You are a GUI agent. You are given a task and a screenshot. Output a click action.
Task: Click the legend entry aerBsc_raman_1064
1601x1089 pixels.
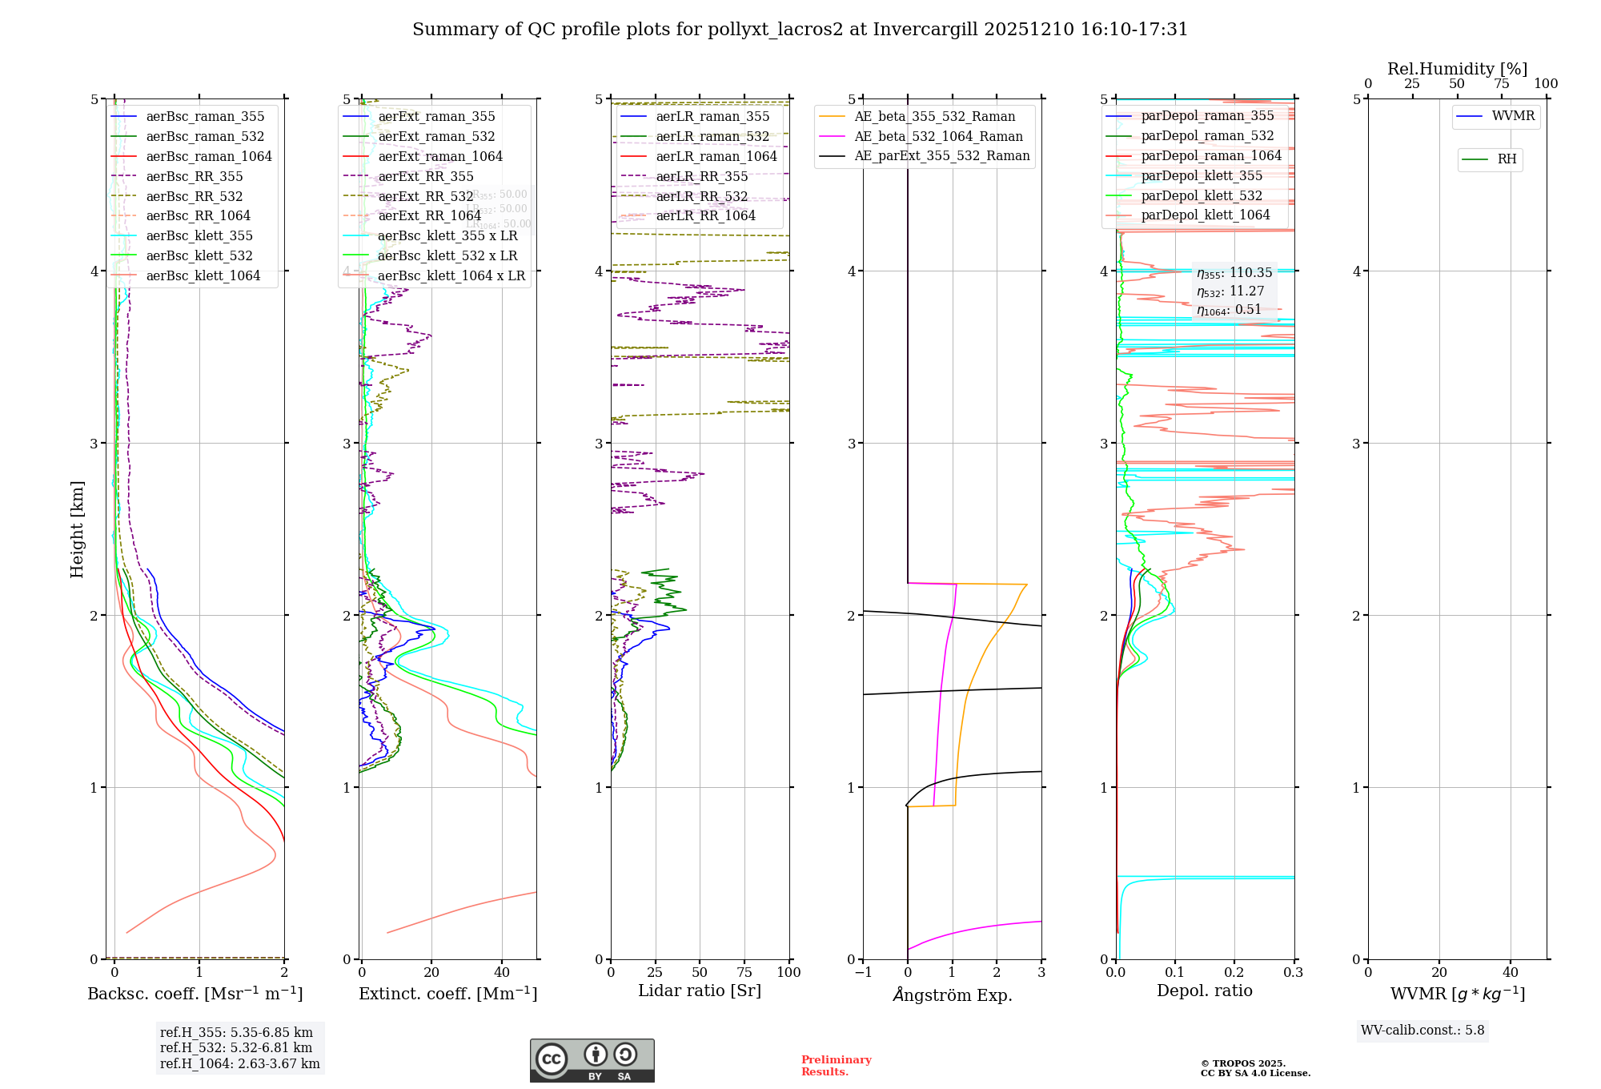pos(208,156)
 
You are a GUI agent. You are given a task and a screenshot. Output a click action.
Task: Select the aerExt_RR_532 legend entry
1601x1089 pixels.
pos(425,196)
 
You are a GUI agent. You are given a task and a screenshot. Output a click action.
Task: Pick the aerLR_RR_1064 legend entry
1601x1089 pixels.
pos(705,215)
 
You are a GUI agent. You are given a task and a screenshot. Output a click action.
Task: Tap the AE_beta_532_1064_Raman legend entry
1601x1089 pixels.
pos(938,136)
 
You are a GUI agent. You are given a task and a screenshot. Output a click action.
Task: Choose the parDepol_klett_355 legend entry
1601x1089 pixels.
pos(1201,175)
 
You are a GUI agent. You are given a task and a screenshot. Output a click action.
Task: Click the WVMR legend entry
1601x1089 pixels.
pos(1513,116)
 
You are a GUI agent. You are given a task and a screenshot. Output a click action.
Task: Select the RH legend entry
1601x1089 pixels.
pos(1507,159)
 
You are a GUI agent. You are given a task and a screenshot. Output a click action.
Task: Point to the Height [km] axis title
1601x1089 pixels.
pos(77,529)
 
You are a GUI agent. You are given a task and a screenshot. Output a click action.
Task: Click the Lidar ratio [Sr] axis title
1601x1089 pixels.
pos(700,991)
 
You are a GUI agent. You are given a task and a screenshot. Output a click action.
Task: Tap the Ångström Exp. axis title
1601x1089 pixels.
pos(953,995)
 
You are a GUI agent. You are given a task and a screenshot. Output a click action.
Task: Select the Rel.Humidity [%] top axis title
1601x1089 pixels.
pos(1457,69)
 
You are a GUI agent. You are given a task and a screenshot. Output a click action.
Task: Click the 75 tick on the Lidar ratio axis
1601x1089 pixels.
pos(744,972)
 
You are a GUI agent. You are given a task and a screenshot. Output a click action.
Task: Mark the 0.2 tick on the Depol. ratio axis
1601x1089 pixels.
pos(1234,972)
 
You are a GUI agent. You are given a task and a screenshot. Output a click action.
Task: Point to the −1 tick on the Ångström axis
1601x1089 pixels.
pos(862,972)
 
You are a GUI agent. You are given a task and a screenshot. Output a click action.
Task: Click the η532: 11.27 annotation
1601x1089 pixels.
pos(1230,291)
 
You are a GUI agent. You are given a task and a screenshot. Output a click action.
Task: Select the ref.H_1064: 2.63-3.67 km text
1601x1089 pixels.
pos(239,1063)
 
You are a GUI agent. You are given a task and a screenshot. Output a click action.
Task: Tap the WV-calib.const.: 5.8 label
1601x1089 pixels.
pos(1422,1030)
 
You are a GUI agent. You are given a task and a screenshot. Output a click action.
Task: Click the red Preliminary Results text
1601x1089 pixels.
pos(836,1065)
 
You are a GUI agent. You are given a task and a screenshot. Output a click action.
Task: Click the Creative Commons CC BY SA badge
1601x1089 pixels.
pos(592,1060)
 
